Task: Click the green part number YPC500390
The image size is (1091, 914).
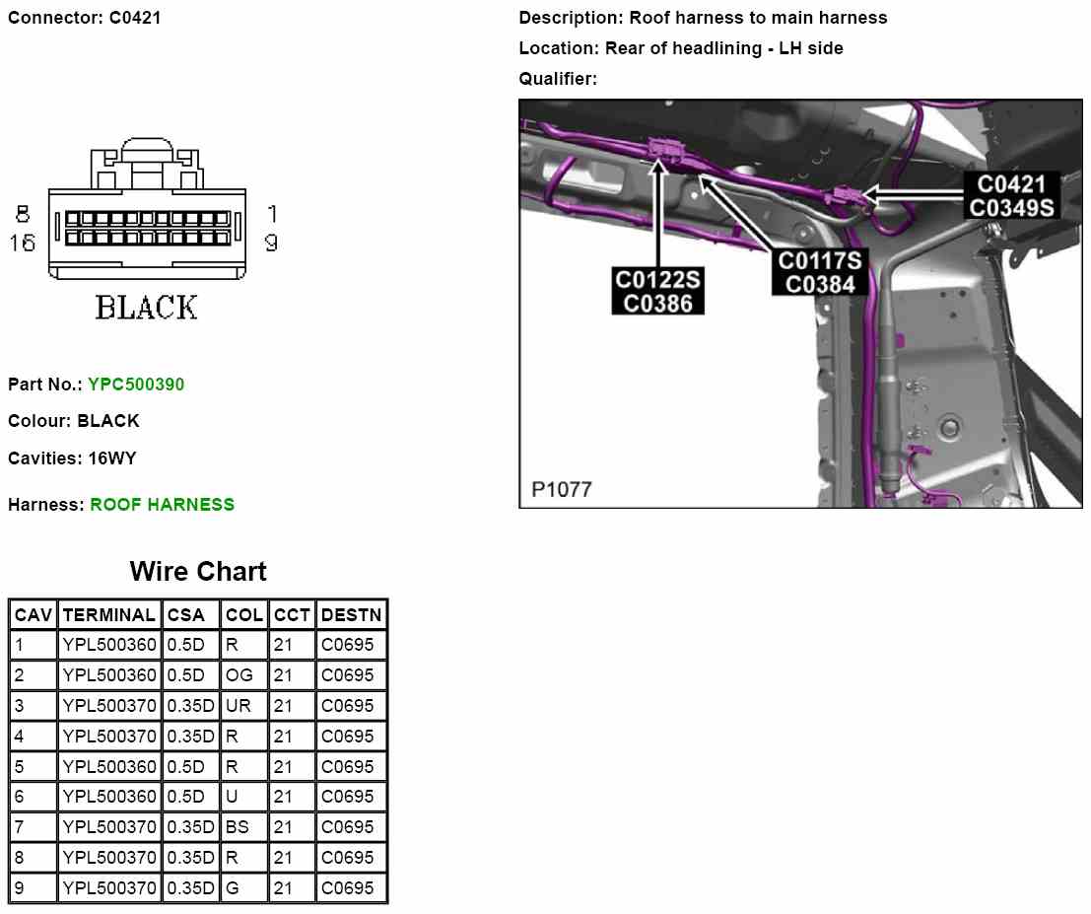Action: point(136,384)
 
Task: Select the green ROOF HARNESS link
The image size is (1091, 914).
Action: point(162,505)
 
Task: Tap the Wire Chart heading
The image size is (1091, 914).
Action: point(198,572)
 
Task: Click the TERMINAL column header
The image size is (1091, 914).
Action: point(108,615)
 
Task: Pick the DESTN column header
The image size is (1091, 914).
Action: point(351,615)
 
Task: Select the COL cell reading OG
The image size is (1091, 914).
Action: point(239,675)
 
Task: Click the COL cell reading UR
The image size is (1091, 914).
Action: point(239,706)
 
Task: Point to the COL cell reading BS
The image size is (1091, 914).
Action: point(238,827)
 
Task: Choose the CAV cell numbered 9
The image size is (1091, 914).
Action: point(20,888)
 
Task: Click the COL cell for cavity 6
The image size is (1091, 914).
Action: point(232,797)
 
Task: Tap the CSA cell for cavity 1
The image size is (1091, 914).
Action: point(186,646)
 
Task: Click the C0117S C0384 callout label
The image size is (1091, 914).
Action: point(820,272)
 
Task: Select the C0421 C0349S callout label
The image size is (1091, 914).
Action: point(1011,195)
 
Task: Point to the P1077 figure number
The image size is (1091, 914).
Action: point(562,489)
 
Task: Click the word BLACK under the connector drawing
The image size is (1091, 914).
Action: point(146,308)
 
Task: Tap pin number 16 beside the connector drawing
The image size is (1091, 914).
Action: point(23,242)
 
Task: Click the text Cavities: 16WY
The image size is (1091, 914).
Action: point(72,458)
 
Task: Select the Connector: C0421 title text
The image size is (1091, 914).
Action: point(85,18)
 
